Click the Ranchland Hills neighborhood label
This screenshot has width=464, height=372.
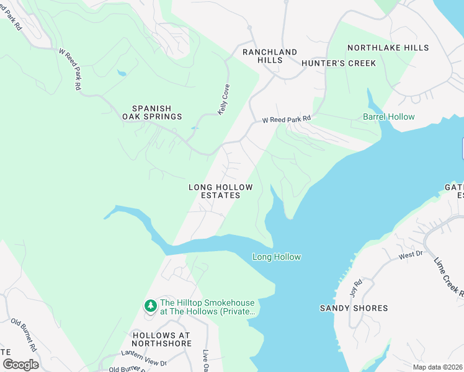click(270, 56)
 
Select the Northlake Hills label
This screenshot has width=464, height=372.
click(388, 48)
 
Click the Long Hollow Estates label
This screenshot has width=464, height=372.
click(220, 191)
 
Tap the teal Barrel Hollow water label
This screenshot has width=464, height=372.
click(388, 117)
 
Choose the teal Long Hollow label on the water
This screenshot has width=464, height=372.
click(276, 257)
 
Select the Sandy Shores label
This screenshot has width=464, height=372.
click(354, 308)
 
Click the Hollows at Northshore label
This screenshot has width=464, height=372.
click(162, 339)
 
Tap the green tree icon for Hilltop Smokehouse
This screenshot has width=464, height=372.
click(150, 306)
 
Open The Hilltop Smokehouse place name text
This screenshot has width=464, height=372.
click(208, 308)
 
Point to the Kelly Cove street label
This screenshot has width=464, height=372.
click(223, 100)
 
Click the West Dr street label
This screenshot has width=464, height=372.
click(410, 255)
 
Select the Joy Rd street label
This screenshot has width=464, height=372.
click(354, 288)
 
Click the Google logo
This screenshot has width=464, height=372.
click(20, 365)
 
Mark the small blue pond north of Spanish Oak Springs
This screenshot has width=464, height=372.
click(122, 74)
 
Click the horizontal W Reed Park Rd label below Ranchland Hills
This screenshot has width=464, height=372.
click(286, 119)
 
